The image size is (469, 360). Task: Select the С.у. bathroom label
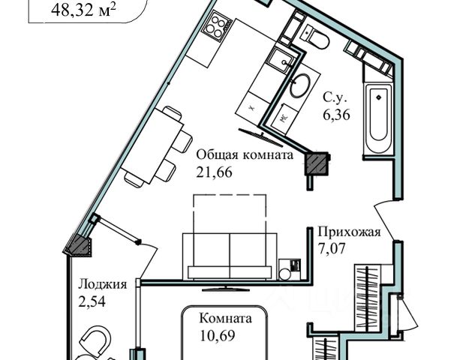click(335, 97)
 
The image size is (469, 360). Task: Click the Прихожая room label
click(350, 232)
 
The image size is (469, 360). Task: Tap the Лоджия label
click(101, 284)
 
